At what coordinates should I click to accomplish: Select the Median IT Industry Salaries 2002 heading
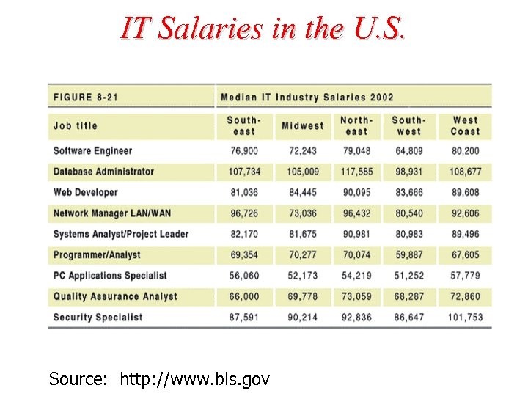(x=307, y=97)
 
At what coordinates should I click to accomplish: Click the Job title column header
(x=76, y=125)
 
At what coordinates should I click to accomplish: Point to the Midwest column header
(x=302, y=125)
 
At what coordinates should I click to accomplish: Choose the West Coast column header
(x=465, y=125)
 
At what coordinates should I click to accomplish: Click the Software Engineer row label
(x=92, y=151)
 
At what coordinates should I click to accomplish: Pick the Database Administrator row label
(x=103, y=172)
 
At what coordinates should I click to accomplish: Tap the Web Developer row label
(x=85, y=192)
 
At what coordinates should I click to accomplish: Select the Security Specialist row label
(x=98, y=318)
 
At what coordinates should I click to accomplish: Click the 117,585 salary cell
(x=356, y=172)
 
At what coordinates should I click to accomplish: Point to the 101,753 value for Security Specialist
(x=465, y=318)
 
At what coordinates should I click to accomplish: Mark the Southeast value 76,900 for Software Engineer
(x=244, y=151)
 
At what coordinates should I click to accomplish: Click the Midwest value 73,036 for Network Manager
(x=302, y=213)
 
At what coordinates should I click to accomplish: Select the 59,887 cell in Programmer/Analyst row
(x=408, y=255)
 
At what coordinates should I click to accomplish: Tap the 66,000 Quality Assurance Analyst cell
(x=244, y=296)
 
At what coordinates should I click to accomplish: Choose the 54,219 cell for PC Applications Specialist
(x=356, y=276)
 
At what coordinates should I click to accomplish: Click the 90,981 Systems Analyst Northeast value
(x=356, y=234)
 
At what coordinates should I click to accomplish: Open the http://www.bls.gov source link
(x=194, y=379)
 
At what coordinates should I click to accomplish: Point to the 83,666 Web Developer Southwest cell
(x=408, y=192)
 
